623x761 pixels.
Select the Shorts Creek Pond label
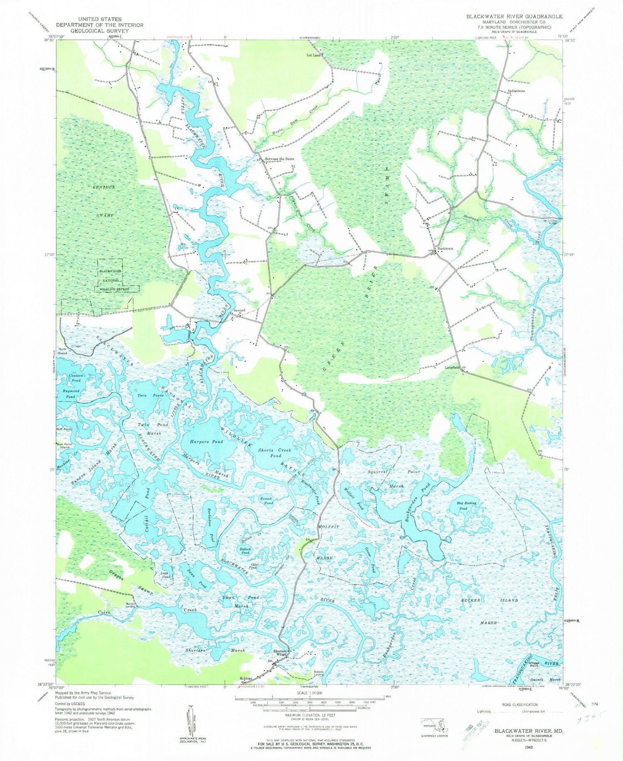(x=275, y=453)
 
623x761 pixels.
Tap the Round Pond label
(x=266, y=500)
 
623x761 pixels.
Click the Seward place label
(x=239, y=310)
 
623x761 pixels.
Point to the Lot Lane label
(x=314, y=55)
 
